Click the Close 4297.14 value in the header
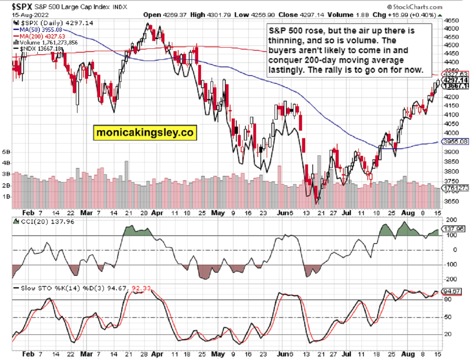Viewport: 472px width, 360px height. click(x=296, y=15)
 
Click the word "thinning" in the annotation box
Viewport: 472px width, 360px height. click(x=286, y=40)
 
